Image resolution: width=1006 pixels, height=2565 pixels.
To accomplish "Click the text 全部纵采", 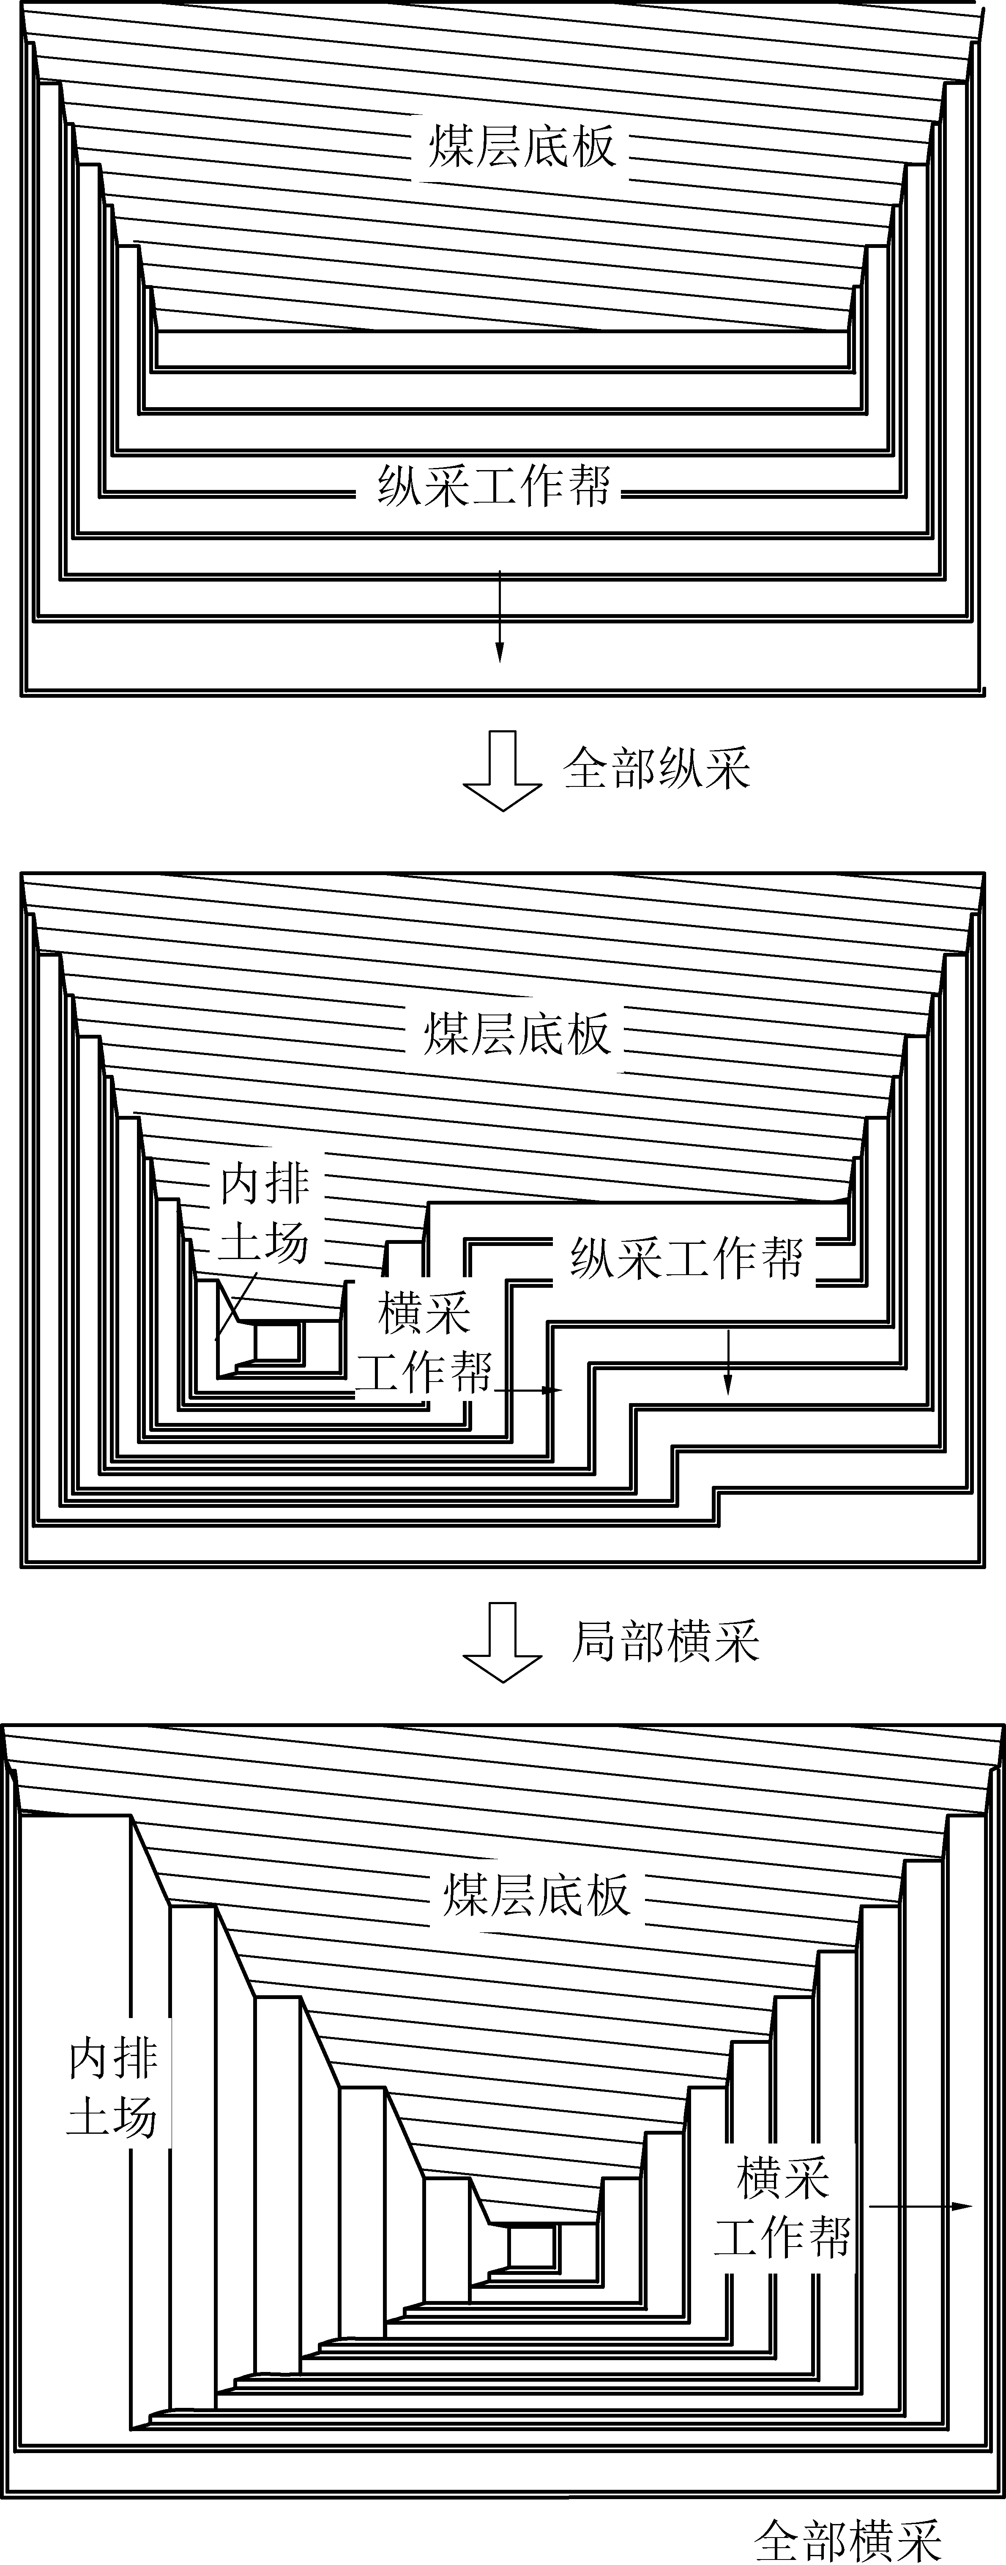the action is coord(657,769).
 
